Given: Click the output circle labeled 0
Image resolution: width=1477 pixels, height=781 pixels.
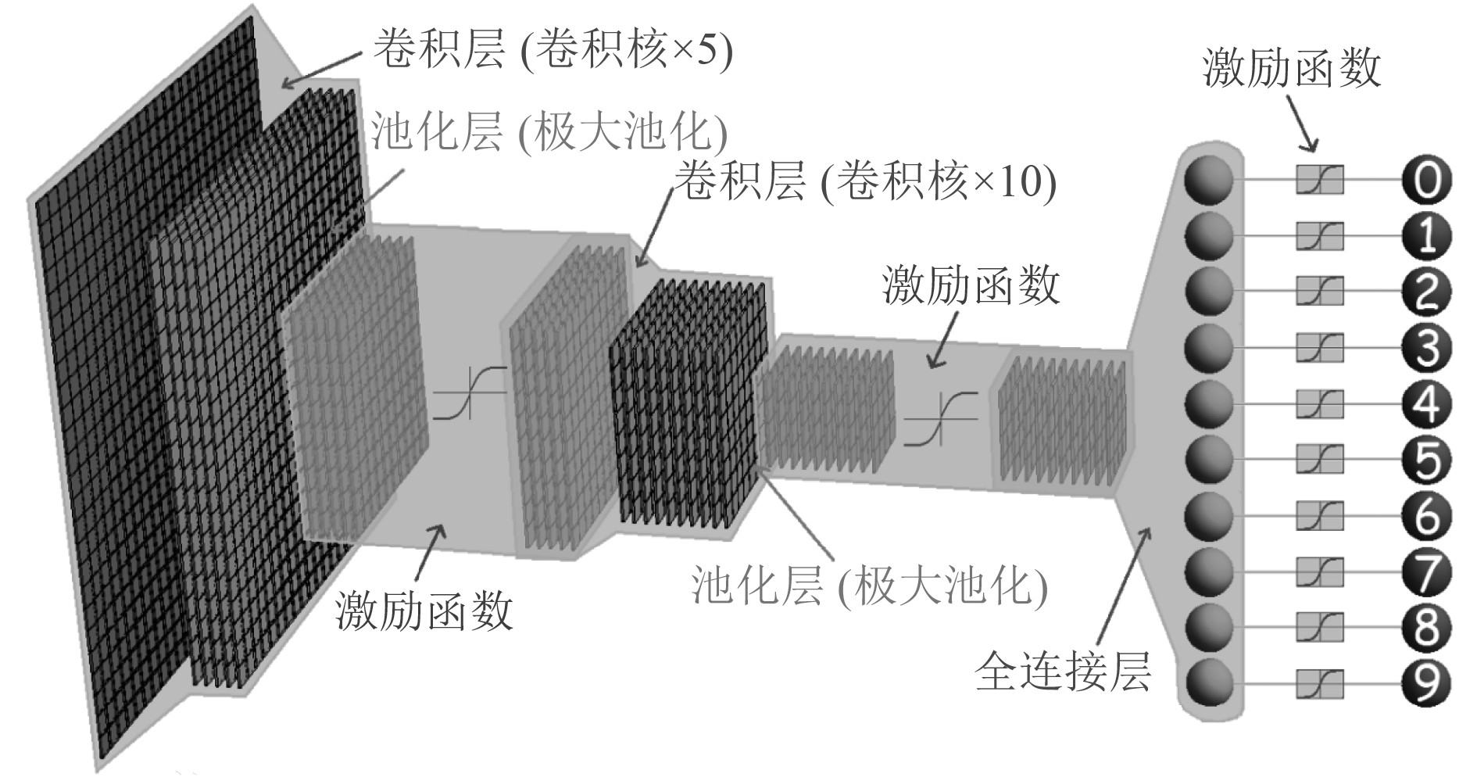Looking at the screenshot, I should click(1426, 180).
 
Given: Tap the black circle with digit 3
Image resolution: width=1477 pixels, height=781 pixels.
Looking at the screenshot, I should click(1426, 348).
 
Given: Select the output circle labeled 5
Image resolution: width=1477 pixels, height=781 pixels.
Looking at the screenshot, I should click(1426, 460).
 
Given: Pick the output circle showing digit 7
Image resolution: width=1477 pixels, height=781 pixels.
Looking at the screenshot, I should click(1426, 571).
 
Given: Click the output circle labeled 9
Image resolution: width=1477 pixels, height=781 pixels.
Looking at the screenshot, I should click(1426, 683).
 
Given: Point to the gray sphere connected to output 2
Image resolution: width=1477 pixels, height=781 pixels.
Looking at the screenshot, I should click(1209, 291).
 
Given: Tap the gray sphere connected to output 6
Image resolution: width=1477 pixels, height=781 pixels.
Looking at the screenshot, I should click(1209, 515).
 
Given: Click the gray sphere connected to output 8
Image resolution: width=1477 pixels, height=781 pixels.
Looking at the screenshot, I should click(1209, 627).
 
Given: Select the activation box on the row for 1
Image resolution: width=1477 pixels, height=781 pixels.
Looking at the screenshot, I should click(1320, 236).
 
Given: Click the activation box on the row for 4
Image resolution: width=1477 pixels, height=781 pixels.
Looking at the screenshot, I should click(1320, 404).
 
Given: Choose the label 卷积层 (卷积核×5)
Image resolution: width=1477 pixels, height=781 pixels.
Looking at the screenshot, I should click(553, 50).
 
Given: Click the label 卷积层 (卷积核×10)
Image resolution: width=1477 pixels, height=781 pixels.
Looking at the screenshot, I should click(865, 181).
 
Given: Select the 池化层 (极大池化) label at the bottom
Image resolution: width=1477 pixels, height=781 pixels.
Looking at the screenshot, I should click(869, 586).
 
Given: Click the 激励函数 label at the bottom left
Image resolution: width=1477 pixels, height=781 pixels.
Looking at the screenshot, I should click(424, 610).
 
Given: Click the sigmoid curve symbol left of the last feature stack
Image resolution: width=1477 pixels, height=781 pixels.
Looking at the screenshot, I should click(940, 421).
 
